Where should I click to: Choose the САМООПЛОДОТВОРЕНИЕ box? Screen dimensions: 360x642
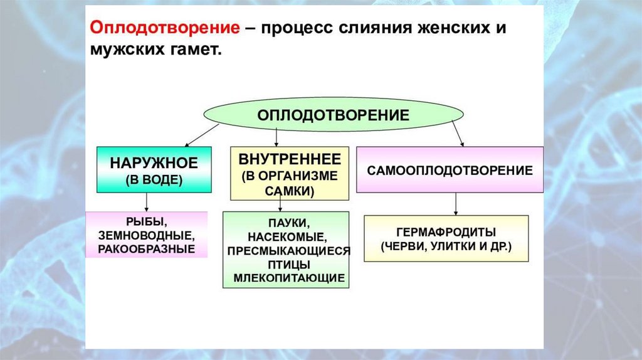pyautogui.click(x=450, y=170)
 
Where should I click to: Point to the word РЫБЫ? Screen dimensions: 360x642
pyautogui.click(x=146, y=222)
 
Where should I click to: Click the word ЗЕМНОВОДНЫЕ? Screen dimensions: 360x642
pyautogui.click(x=146, y=236)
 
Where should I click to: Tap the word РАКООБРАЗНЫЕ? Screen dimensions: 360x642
pyautogui.click(x=146, y=249)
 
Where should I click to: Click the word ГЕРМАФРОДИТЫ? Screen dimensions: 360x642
pyautogui.click(x=446, y=230)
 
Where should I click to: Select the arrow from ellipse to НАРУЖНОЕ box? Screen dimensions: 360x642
pyautogui.click(x=201, y=135)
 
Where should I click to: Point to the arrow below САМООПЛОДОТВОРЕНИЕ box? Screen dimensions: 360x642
pyautogui.click(x=456, y=203)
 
